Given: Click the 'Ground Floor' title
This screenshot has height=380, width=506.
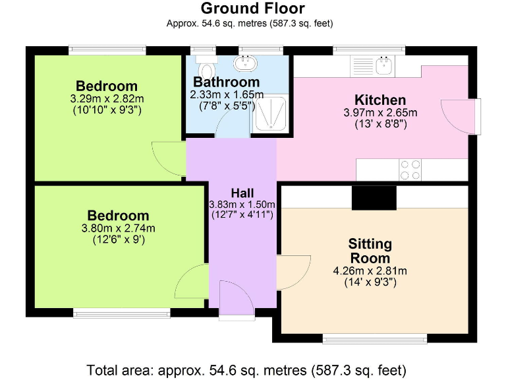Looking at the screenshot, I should coord(252,9).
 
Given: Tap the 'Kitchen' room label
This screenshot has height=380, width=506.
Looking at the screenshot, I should coord(380,100).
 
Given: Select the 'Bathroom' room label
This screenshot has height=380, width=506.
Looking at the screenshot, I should coord(226,82).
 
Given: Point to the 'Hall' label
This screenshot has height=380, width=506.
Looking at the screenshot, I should coord(242,193).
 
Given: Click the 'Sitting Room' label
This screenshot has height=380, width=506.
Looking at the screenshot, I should coord(370,251).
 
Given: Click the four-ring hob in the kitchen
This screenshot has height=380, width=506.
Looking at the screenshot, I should coord(411,170).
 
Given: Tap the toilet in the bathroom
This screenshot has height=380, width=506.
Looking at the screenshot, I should coord(206,68).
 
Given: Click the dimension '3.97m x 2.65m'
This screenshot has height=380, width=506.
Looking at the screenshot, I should coord(380,113).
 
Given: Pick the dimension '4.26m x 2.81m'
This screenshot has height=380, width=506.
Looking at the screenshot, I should coord(370,271).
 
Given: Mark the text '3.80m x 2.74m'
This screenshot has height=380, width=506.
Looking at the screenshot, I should coord(119,229).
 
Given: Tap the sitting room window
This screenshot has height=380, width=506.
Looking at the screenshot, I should coord(374,339).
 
